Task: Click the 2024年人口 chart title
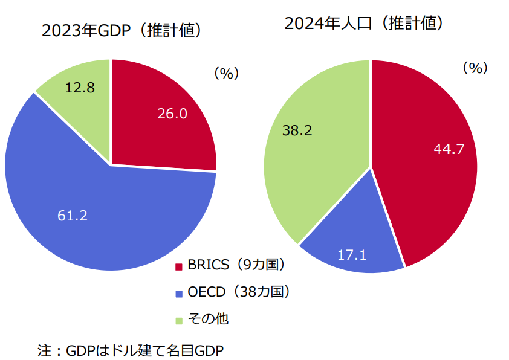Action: coord(365,24)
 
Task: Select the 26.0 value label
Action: coord(172,113)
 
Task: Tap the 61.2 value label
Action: coord(73,215)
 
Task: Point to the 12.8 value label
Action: coord(80,88)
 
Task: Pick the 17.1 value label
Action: coord(352,255)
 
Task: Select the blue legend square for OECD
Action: coord(178,294)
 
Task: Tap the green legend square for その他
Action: coord(178,320)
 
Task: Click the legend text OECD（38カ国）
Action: coord(239,292)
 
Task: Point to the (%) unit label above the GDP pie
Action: coord(226,74)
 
